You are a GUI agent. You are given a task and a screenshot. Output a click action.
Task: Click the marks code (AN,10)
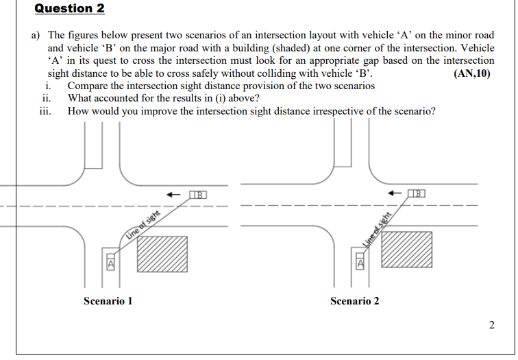click(472, 74)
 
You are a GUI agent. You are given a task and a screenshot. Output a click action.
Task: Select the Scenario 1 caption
click(108, 301)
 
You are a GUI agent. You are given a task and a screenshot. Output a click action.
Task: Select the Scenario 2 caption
click(354, 301)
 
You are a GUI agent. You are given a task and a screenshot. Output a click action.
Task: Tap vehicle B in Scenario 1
click(197, 195)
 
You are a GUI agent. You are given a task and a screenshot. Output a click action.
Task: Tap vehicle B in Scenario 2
click(417, 194)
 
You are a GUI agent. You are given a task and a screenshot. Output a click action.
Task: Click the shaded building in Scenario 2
click(407, 250)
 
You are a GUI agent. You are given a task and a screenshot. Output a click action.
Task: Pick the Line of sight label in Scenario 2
click(376, 226)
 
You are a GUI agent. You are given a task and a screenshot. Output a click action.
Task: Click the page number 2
click(491, 324)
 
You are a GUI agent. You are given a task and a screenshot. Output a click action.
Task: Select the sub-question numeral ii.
click(47, 99)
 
